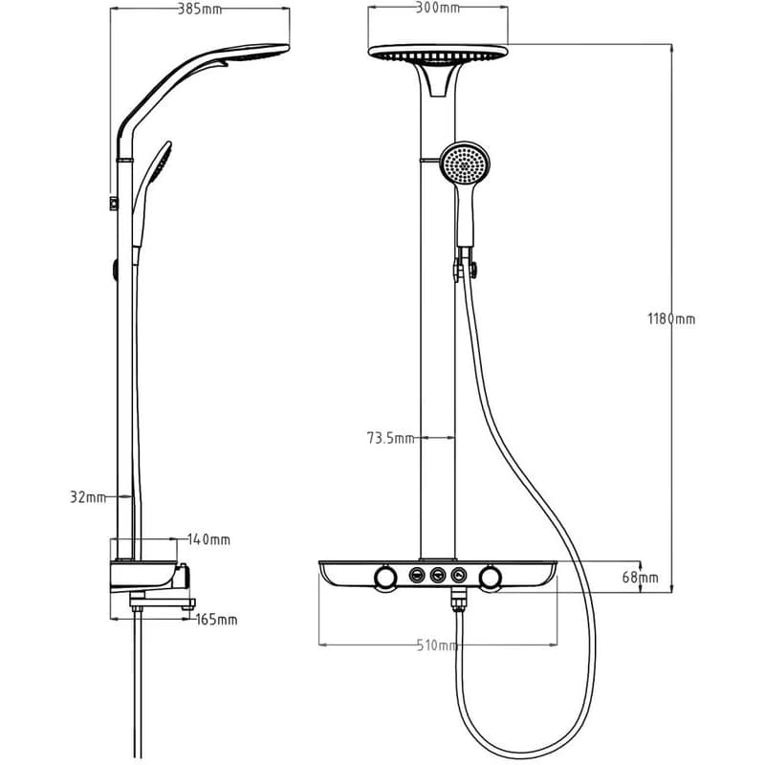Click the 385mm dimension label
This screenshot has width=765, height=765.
point(200,9)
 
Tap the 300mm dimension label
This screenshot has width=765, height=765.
point(438,8)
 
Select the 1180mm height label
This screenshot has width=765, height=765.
point(671,319)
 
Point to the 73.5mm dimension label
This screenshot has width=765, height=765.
point(390,438)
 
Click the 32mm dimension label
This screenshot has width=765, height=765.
point(88,497)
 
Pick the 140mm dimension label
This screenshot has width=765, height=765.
point(208,539)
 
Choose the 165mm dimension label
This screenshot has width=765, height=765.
point(216,620)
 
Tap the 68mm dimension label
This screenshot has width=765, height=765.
point(640,578)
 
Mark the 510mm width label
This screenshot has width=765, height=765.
point(438,645)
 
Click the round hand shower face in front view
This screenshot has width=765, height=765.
point(465,163)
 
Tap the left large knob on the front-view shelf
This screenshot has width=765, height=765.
point(386,578)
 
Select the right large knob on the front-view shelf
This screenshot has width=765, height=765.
point(490,578)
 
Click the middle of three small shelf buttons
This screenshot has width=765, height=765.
point(438,576)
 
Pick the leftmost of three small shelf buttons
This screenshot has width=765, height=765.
point(417,576)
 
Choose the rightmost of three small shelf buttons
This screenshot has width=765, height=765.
point(459,576)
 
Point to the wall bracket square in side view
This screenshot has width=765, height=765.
point(114,204)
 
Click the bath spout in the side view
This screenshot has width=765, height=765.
point(163,602)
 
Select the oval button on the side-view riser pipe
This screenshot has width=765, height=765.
point(115,270)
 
